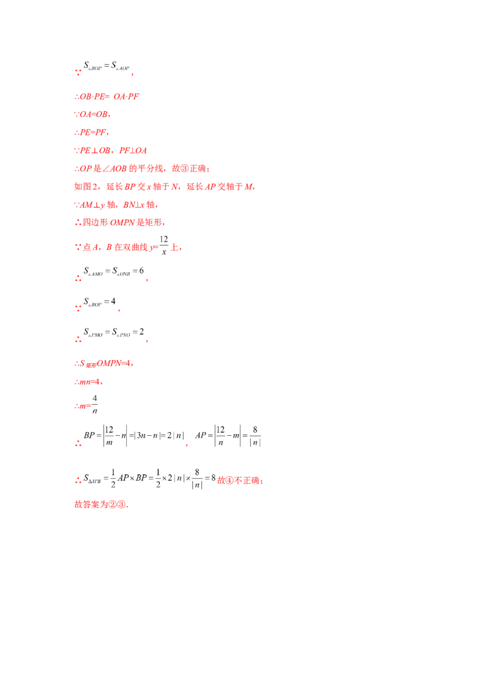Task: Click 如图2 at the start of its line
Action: coord(82,187)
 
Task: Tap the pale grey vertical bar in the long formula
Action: coord(129,435)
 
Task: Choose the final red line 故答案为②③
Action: coord(101,505)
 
